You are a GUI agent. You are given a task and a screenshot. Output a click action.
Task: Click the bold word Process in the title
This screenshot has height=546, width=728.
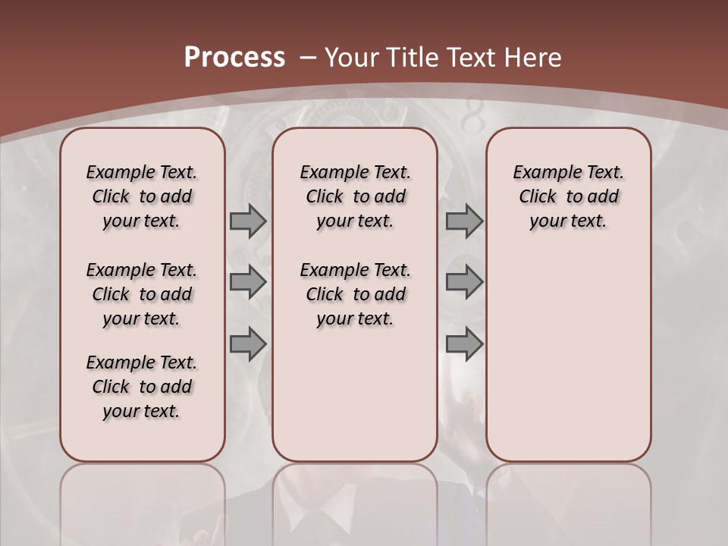click(x=234, y=58)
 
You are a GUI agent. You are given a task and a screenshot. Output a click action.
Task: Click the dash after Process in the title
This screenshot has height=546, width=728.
click(x=309, y=58)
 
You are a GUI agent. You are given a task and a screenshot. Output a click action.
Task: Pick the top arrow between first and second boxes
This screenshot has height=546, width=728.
click(x=248, y=221)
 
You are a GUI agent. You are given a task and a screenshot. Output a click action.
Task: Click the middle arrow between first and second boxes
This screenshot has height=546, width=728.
click(x=248, y=282)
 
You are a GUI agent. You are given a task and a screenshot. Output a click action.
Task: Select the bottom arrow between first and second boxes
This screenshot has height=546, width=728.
click(x=248, y=344)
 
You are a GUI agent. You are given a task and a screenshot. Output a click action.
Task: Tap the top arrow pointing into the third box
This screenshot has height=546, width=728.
click(x=464, y=221)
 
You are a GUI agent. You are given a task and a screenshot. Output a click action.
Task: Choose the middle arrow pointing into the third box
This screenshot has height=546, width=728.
click(x=464, y=282)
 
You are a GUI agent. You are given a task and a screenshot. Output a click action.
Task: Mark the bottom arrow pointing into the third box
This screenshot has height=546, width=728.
click(x=464, y=344)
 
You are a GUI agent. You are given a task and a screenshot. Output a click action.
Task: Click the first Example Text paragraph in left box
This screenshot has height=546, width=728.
click(x=142, y=196)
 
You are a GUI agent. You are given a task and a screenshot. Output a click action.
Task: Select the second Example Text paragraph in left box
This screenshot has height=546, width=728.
click(x=142, y=294)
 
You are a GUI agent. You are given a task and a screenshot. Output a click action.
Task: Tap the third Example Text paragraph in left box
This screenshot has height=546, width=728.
click(x=142, y=387)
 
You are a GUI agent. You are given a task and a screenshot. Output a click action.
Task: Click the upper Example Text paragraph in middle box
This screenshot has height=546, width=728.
click(x=355, y=196)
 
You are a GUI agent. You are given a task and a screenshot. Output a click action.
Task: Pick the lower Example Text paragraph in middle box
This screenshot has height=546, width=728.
click(x=355, y=294)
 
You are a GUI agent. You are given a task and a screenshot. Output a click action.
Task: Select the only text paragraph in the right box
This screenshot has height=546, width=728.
click(x=568, y=196)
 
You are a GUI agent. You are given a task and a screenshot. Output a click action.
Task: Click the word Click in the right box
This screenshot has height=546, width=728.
click(x=538, y=197)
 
